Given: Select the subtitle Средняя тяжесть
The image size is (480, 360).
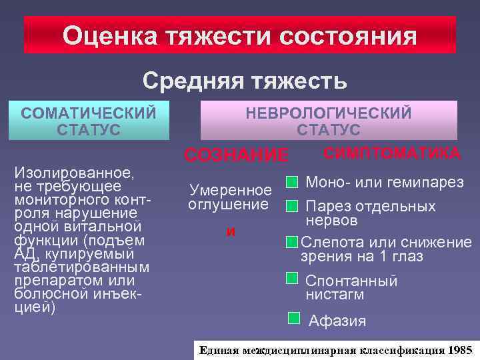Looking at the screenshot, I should (244, 81).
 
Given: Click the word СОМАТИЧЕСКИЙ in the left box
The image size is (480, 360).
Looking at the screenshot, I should (89, 111).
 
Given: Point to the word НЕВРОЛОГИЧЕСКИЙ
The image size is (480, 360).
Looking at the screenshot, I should (329, 113).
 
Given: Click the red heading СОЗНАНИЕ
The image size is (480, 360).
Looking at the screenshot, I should (237, 156).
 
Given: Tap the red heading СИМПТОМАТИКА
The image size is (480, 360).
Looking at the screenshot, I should (391, 153).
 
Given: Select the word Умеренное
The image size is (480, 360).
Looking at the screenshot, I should (230, 189).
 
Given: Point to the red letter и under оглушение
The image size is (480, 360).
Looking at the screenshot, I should (231, 232).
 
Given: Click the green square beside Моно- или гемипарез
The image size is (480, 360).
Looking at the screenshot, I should (291, 181).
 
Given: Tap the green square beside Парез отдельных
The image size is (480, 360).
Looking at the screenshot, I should (291, 206).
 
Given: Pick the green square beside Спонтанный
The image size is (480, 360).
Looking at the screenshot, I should (291, 278).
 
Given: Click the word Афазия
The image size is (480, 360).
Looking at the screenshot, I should (337, 321).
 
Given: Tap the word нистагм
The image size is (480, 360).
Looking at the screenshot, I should (335, 294).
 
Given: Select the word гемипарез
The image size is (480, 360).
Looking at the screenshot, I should (427, 182).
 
